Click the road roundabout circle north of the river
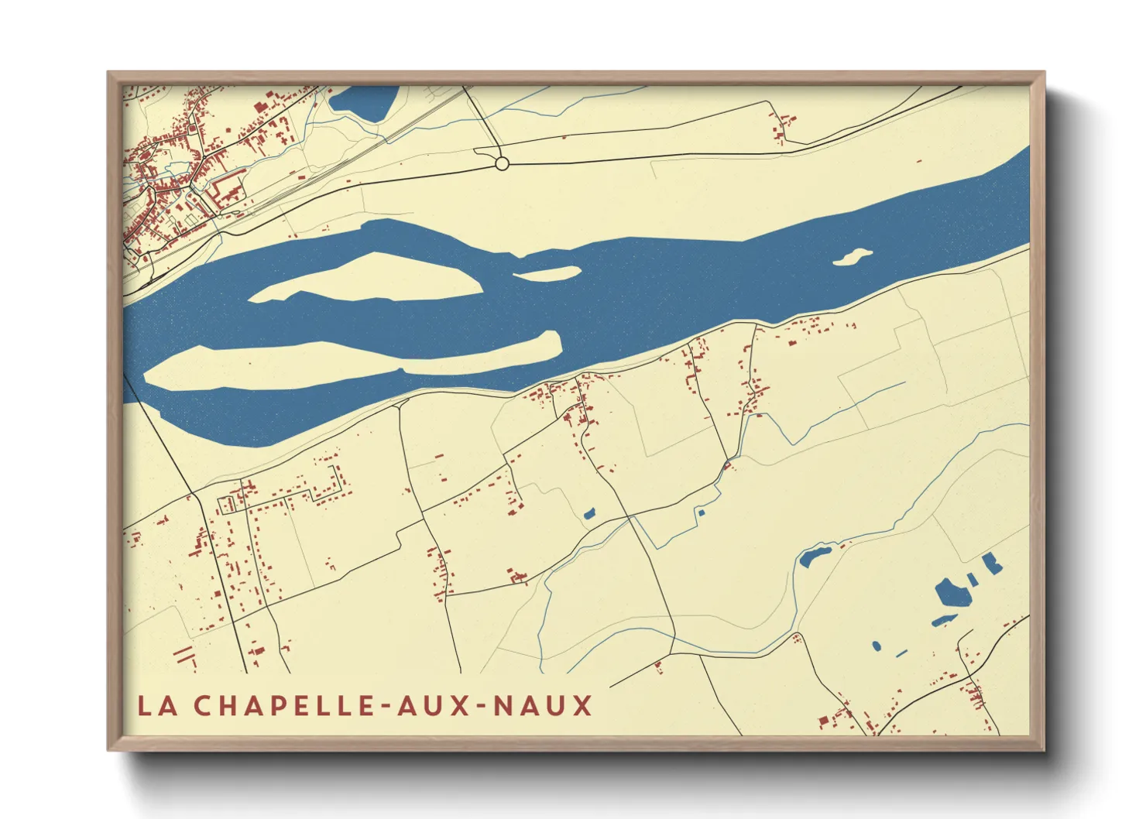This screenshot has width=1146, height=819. [x=502, y=163]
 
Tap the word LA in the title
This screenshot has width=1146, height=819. [x=156, y=706]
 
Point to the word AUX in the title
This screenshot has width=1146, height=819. [x=437, y=706]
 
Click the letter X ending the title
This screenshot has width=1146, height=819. [x=582, y=706]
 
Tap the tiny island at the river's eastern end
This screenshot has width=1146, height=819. [x=853, y=256]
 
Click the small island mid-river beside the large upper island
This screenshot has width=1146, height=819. [x=547, y=273]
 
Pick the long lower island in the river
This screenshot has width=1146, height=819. [x=348, y=362]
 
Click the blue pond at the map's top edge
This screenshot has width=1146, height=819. [x=363, y=101]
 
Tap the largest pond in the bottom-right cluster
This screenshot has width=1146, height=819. [x=952, y=593]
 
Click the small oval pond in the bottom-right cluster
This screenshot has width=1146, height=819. [x=876, y=645]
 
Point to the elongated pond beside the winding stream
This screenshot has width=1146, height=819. [x=814, y=556]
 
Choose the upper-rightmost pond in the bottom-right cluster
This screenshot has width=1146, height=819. [x=991, y=563]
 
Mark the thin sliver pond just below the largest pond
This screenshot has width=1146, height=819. [x=944, y=619]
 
